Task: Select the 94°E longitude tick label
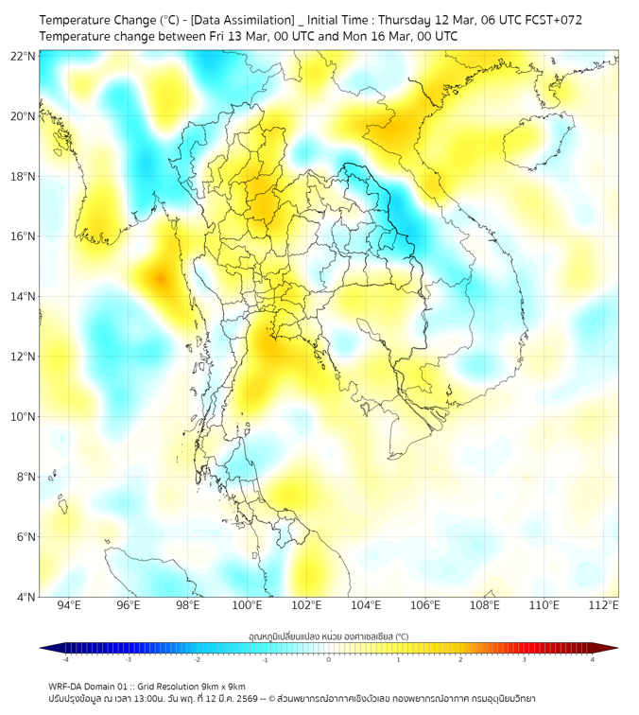click(69, 605)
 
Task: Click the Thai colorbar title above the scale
click(328, 637)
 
